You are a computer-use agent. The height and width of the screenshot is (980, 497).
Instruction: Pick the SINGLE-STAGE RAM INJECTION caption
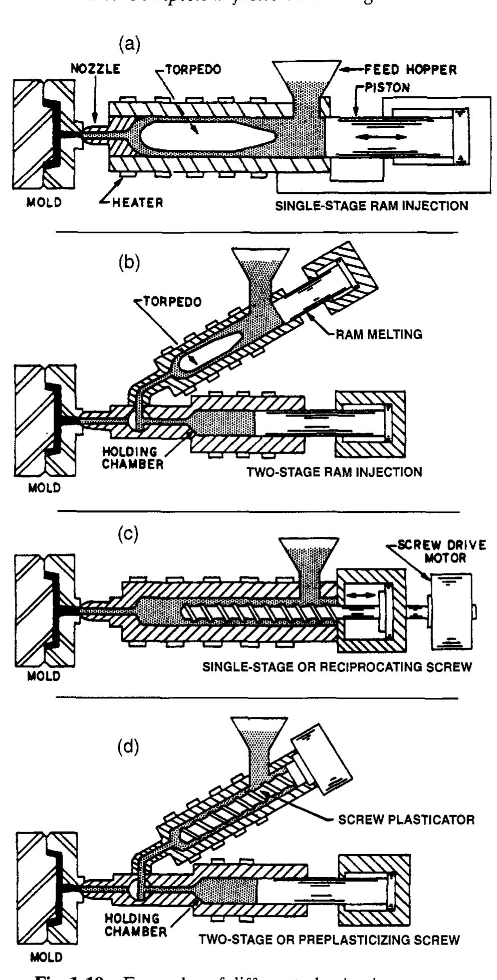coord(372,206)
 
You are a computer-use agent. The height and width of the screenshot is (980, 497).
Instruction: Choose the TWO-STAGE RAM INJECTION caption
coord(334,472)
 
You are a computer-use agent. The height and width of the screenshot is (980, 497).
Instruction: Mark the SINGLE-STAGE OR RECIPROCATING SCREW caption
coord(337,668)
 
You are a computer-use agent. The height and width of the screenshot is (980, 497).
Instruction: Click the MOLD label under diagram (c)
coord(44,676)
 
